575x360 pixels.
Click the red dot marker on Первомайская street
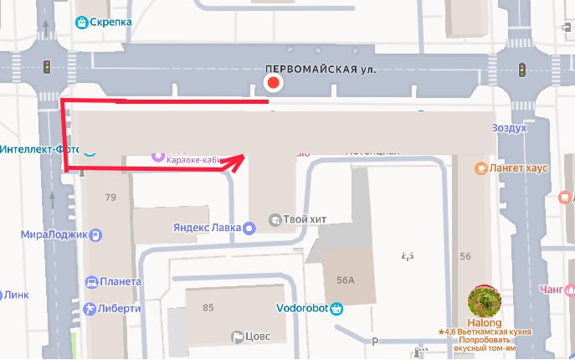click(272, 83)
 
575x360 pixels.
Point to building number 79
click(110, 198)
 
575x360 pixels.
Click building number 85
click(208, 307)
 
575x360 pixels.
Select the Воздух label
click(509, 128)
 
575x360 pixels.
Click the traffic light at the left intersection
click(47, 66)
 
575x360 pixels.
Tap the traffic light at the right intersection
click(521, 69)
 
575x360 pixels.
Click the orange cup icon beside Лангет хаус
click(481, 168)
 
